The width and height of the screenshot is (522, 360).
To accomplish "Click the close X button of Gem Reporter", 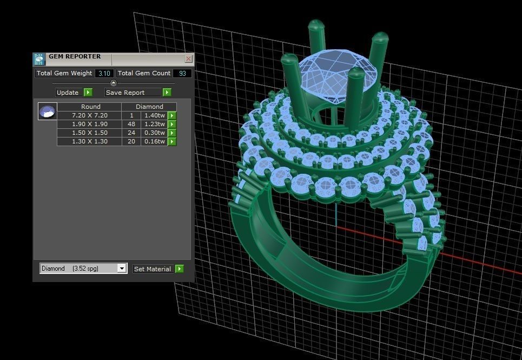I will click(x=188, y=58).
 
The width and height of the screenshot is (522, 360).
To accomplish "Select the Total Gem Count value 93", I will click(x=182, y=73).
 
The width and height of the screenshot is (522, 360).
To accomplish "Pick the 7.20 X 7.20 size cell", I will click(x=89, y=115).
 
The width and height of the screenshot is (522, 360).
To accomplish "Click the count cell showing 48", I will click(x=131, y=124).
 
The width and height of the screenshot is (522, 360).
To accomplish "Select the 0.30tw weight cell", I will click(x=154, y=133).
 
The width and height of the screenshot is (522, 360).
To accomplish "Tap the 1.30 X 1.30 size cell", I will click(x=89, y=141).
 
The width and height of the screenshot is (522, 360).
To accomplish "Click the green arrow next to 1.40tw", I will click(x=172, y=115).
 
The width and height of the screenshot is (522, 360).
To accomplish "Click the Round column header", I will click(x=90, y=107).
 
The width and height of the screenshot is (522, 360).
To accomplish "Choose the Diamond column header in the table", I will click(x=149, y=107).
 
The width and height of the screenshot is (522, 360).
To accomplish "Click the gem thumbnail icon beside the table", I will click(x=48, y=111).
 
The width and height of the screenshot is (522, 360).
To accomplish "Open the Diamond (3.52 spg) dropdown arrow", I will click(x=122, y=269).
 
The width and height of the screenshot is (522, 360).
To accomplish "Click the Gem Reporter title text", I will click(x=74, y=56).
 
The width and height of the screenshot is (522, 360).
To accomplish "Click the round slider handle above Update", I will click(x=113, y=83).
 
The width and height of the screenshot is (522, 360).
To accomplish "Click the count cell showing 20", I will click(x=131, y=141).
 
